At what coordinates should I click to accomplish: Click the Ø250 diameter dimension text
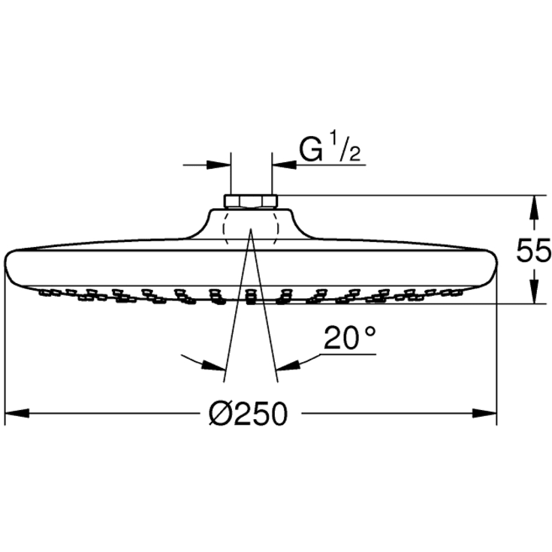249,413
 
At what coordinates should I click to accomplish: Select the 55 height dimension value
533,251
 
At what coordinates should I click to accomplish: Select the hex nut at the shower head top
251,201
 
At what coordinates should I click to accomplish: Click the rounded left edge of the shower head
9,267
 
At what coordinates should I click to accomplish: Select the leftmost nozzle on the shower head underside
44,289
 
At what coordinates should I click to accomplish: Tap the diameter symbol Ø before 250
220,413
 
